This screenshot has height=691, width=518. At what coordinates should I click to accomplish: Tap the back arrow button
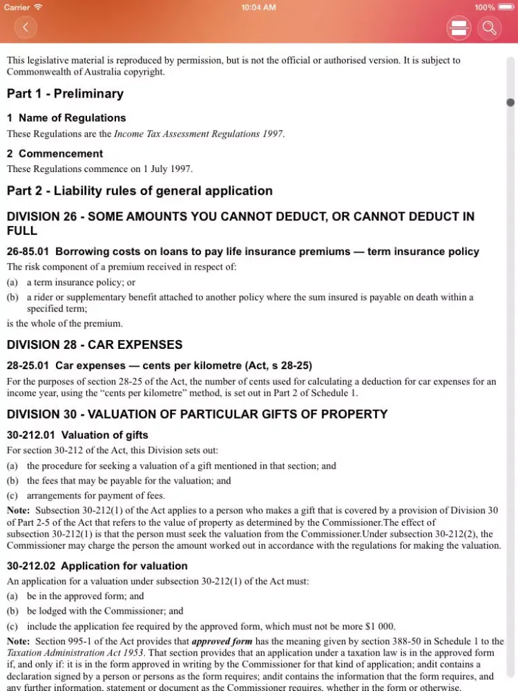[x=26, y=28]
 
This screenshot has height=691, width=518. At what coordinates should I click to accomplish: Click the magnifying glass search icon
[x=489, y=28]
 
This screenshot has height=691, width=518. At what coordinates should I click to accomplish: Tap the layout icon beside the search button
[x=459, y=28]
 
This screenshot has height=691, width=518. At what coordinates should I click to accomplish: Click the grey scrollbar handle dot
[x=510, y=102]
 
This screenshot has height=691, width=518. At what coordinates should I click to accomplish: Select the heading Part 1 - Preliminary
[x=65, y=94]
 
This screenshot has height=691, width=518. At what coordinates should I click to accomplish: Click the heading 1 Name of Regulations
[x=66, y=118]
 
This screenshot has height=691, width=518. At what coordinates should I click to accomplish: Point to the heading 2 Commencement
[x=55, y=153]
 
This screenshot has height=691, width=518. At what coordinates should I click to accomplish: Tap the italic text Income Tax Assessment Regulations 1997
[x=198, y=134]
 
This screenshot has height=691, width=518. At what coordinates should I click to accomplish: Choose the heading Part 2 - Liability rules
[x=140, y=191]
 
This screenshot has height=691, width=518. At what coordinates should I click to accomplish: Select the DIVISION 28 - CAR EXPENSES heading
[x=95, y=345]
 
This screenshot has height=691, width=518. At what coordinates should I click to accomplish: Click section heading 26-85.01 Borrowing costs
[x=242, y=252]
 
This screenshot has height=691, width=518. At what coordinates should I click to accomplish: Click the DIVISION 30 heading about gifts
[x=197, y=415]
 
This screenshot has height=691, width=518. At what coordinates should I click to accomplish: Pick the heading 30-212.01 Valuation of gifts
[x=77, y=435]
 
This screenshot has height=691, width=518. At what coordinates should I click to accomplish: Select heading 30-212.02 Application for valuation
[x=97, y=566]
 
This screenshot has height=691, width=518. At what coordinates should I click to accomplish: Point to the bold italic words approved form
[x=222, y=641]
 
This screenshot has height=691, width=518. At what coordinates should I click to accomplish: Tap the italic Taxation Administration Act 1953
[x=75, y=653]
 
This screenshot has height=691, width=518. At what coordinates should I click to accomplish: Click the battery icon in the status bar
[x=506, y=7]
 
